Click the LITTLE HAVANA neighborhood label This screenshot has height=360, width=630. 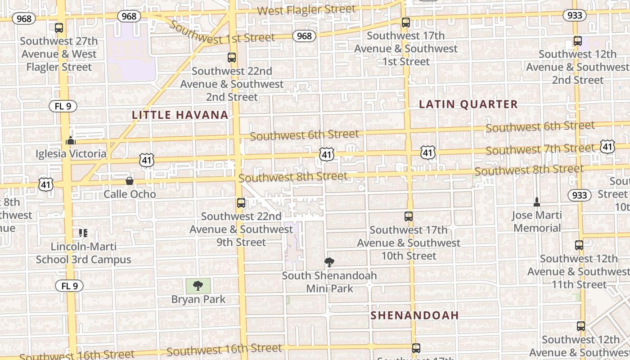point(180,115)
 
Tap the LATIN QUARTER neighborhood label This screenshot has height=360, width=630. point(468,104)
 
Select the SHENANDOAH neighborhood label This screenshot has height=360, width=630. point(414,315)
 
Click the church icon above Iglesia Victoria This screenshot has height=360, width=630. point(71,140)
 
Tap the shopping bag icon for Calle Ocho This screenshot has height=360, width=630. point(130,181)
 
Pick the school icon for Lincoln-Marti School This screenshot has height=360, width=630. point(83,233)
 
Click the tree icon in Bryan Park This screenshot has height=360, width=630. point(198,285)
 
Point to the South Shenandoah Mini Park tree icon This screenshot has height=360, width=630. point(329,262)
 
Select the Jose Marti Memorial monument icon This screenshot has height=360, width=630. point(536,202)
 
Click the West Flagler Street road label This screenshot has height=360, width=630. point(307,9)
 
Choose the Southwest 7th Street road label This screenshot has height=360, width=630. point(540,149)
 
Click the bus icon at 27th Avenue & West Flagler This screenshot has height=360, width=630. point(59,28)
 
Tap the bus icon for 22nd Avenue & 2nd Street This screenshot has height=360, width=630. point(232,58)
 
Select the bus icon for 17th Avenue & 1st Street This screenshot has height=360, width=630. point(406,22)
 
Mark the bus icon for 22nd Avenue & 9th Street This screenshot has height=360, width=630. point(241,203)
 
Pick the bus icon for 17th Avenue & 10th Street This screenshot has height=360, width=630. point(409,216)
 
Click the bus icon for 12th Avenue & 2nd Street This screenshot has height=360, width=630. point(578,41)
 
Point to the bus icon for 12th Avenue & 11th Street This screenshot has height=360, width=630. point(579,245)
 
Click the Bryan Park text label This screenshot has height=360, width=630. point(198,299)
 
